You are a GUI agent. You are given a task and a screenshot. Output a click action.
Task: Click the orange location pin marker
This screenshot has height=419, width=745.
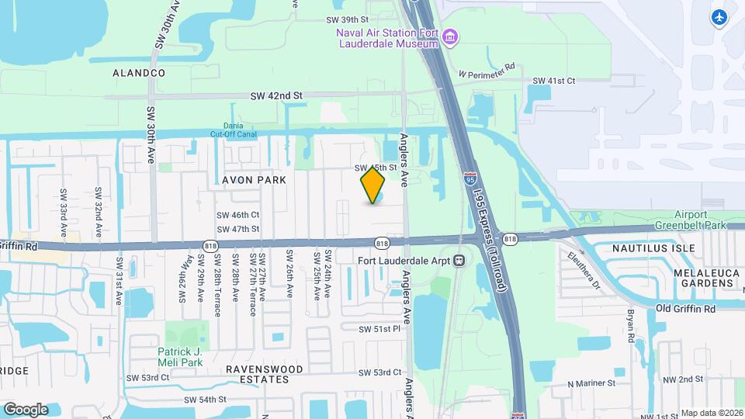tap(373, 185)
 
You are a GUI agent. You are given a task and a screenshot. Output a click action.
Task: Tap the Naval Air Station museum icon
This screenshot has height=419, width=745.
tap(451, 36)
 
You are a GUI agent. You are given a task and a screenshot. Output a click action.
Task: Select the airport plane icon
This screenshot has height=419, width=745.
tap(719, 17)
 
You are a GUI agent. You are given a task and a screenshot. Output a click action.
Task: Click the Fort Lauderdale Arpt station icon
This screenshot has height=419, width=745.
tap(459, 260)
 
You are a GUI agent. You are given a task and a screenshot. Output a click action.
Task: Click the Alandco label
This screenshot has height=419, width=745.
tap(139, 72)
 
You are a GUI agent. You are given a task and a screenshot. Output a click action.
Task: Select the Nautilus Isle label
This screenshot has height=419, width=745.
tap(651, 248)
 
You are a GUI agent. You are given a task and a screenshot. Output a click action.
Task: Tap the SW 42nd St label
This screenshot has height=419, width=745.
tap(275, 95)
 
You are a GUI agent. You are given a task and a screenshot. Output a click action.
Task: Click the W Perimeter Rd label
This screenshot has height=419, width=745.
tap(487, 71)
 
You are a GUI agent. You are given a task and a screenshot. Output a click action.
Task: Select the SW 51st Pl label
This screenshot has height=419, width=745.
tap(379, 329)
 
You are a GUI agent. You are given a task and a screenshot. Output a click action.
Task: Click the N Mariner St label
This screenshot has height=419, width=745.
tap(591, 383)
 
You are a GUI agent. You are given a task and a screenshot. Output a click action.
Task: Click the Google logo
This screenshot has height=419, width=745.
tap(26, 409)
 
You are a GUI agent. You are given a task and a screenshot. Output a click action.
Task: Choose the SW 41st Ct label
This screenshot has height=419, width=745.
tap(553, 81)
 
